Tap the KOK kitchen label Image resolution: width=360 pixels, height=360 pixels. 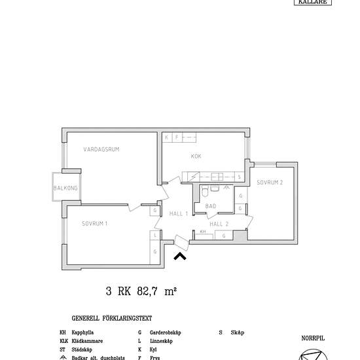click(x=196, y=156)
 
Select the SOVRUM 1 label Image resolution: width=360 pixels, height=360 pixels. click(x=95, y=223)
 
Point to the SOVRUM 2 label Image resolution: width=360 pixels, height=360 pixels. click(x=270, y=182)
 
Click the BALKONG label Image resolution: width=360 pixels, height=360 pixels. click(x=65, y=189)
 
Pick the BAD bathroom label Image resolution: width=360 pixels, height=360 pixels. click(x=211, y=206)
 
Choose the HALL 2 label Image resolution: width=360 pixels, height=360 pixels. click(x=219, y=223)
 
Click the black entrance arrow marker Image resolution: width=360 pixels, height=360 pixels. click(x=179, y=256)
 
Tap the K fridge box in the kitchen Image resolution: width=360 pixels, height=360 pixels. click(x=167, y=137)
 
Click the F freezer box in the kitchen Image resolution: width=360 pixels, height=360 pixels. click(x=176, y=137)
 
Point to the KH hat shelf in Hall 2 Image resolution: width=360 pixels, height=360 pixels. click(x=203, y=232)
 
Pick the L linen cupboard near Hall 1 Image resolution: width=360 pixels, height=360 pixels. click(x=154, y=235)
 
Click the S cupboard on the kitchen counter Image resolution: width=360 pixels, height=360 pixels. click(x=239, y=177)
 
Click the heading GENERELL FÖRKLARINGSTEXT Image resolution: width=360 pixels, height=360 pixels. click(x=112, y=319)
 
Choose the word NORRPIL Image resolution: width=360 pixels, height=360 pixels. click(x=313, y=338)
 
